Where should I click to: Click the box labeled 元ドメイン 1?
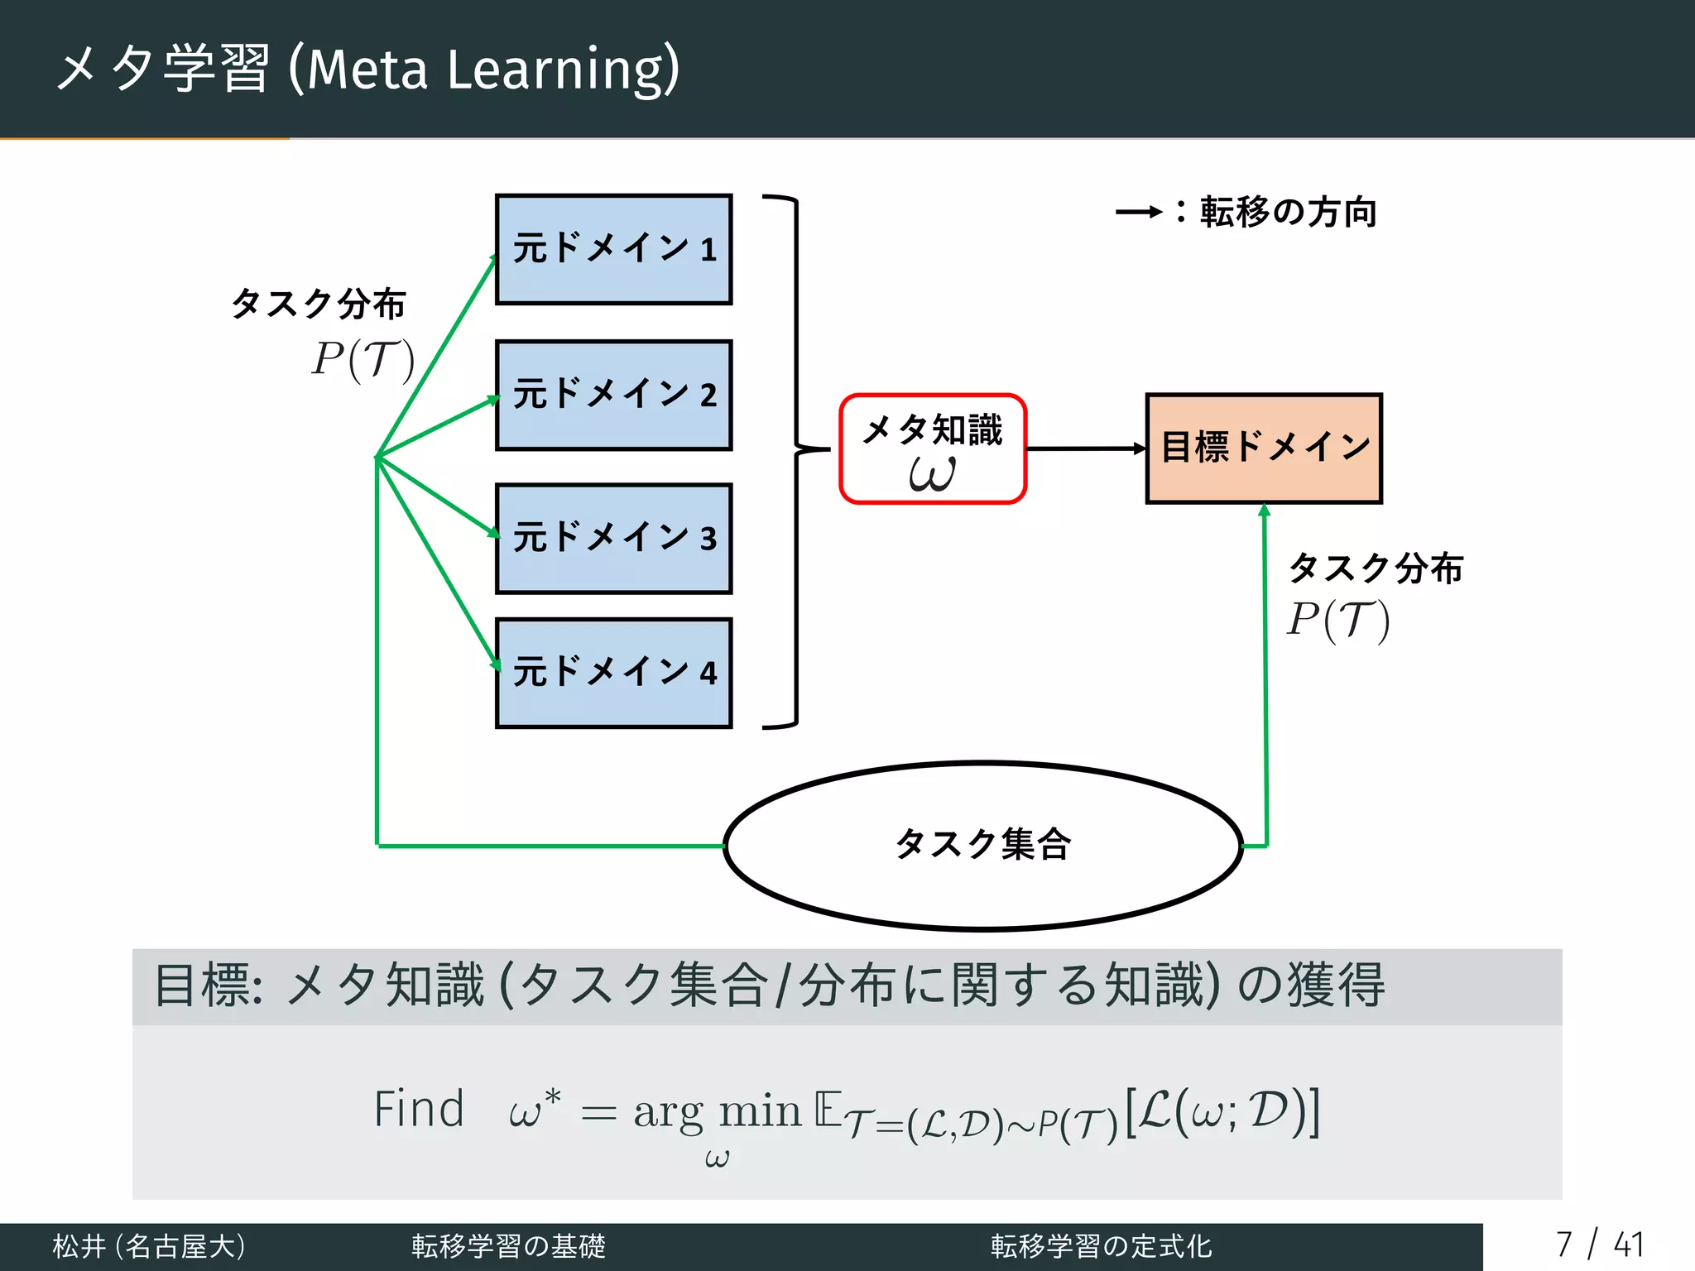[x=613, y=249]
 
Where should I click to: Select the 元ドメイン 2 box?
[x=613, y=395]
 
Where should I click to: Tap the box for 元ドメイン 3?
[x=613, y=539]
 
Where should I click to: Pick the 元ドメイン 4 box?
[x=613, y=673]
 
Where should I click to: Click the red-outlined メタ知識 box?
[x=933, y=448]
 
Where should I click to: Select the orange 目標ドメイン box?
[x=1264, y=448]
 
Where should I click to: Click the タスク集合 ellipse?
[x=983, y=846]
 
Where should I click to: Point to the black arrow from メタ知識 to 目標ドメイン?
[x=1084, y=448]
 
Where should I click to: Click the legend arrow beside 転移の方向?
[x=1139, y=213]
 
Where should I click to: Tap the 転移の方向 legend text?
[x=1288, y=213]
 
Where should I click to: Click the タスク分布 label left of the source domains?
[x=319, y=304]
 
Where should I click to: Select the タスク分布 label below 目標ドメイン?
[x=1376, y=568]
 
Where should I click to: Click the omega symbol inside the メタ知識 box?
[x=932, y=474]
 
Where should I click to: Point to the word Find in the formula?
[x=419, y=1110]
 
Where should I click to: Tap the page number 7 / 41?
[x=1598, y=1245]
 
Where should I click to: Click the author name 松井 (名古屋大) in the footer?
[x=149, y=1246]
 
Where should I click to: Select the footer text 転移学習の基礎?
[x=508, y=1246]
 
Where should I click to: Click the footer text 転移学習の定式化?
[x=1101, y=1246]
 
